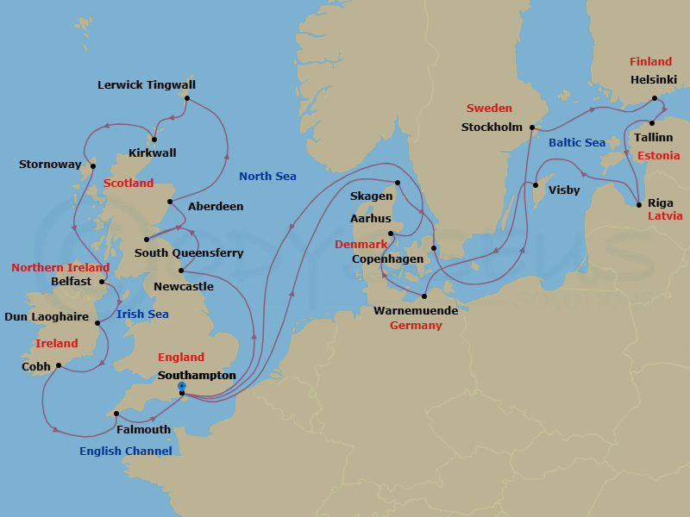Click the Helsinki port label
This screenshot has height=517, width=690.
click(x=654, y=80)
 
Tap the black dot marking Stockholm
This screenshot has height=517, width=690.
click(x=532, y=128)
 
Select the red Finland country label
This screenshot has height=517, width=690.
click(x=650, y=62)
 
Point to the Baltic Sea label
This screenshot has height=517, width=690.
click(x=577, y=142)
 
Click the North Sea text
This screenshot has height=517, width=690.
click(x=267, y=177)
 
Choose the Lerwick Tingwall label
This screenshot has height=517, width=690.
click(x=147, y=85)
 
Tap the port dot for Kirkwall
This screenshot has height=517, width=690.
click(x=154, y=140)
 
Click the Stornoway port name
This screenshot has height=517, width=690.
click(x=50, y=165)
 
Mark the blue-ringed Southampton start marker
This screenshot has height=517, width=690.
click(x=182, y=386)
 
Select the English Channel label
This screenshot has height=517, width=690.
click(x=126, y=451)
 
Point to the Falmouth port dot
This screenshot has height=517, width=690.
click(x=116, y=414)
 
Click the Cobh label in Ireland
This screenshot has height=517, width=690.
click(x=35, y=366)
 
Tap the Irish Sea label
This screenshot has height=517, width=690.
click(x=142, y=315)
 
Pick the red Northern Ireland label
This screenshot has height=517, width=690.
click(x=60, y=268)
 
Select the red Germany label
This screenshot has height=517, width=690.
click(x=416, y=326)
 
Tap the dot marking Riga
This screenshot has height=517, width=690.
click(x=638, y=204)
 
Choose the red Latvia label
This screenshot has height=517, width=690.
click(x=665, y=215)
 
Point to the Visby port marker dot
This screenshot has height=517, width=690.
click(x=536, y=185)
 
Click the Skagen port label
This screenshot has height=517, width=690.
click(x=372, y=196)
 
